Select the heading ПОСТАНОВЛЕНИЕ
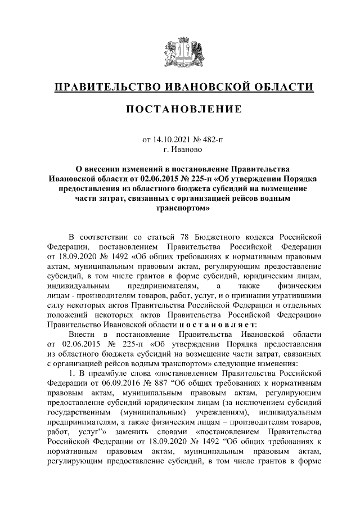[180, 109]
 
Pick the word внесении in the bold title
[107, 168]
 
